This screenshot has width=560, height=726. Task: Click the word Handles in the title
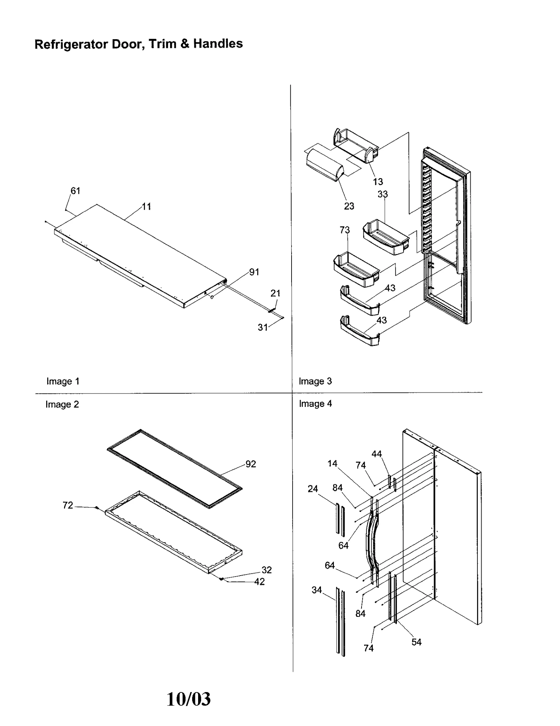click(218, 44)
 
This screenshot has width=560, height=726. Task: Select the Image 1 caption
click(63, 381)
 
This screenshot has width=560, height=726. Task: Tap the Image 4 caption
click(315, 403)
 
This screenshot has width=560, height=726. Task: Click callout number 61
click(76, 191)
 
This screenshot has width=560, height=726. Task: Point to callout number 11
click(146, 206)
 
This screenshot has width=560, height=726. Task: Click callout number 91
click(254, 272)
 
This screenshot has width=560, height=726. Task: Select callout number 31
click(263, 327)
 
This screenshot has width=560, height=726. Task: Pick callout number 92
click(251, 464)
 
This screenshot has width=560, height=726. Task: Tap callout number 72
click(68, 505)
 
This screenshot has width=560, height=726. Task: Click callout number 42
click(259, 581)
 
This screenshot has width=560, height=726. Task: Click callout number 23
click(349, 206)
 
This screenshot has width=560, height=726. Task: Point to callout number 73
click(344, 230)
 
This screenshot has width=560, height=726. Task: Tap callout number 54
click(416, 642)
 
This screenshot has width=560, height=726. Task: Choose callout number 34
click(316, 590)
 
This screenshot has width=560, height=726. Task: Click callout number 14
click(332, 464)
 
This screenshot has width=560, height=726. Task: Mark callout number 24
click(313, 489)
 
